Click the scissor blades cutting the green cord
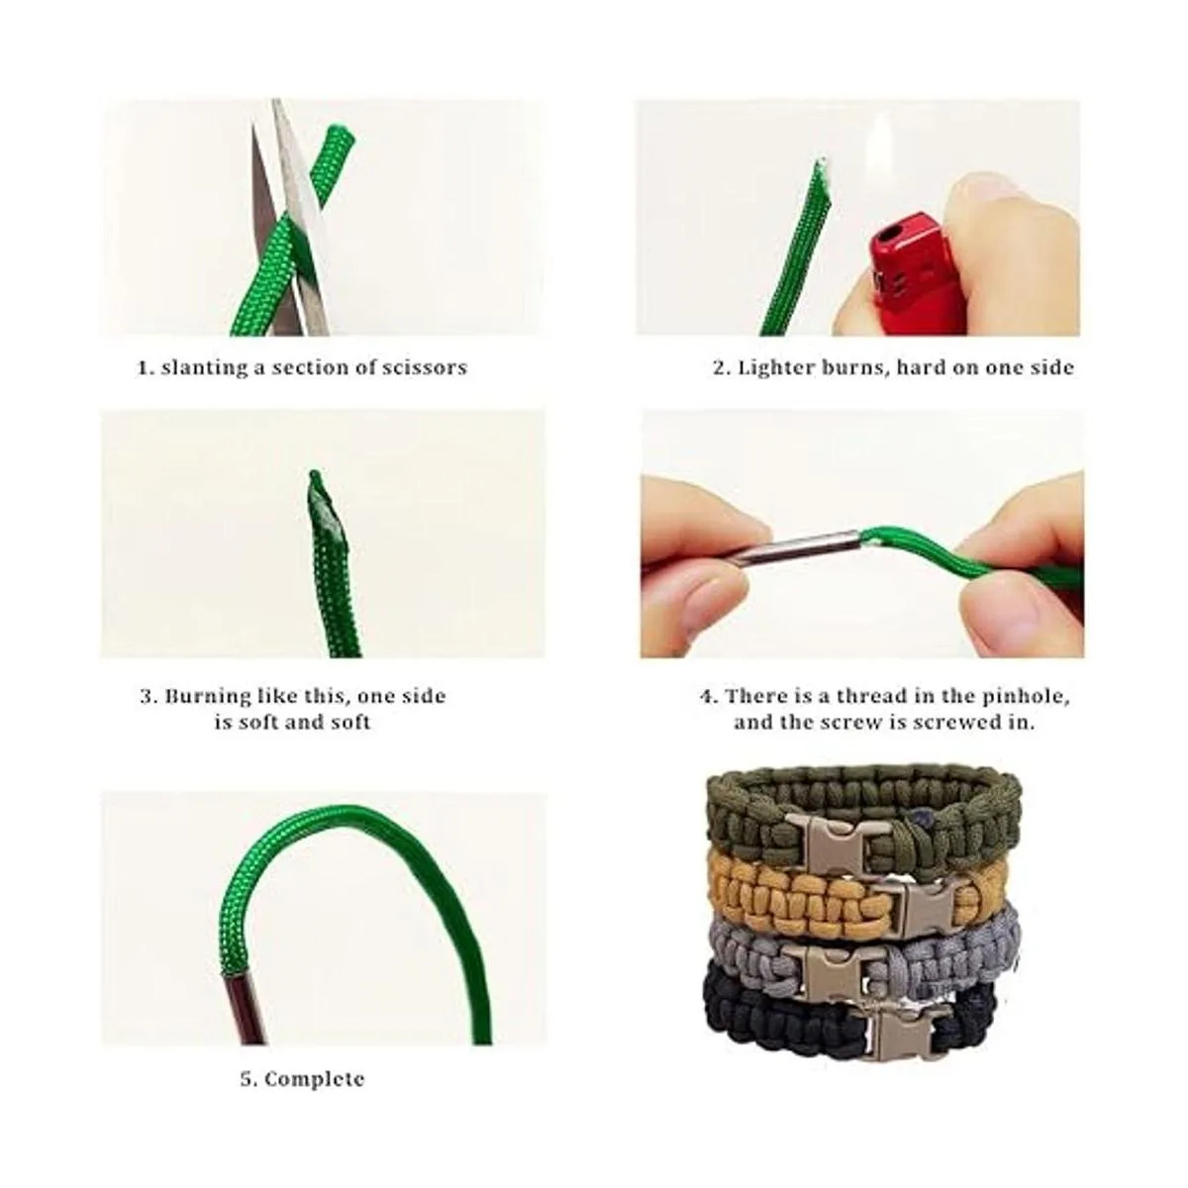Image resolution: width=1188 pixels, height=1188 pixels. pyautogui.click(x=290, y=222)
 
